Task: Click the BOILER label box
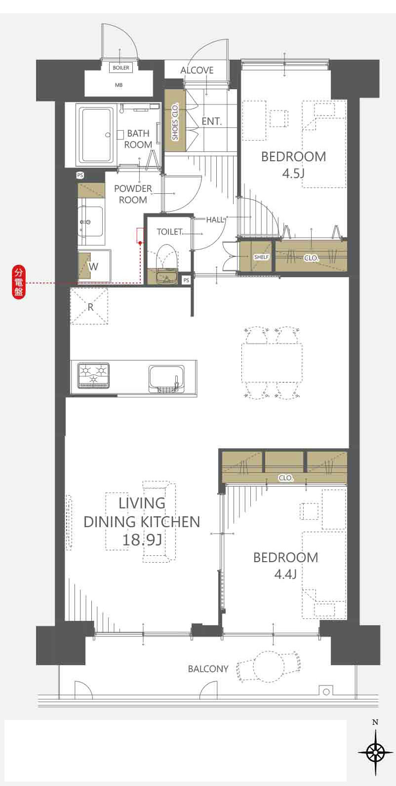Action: click(121, 68)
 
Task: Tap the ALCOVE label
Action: click(197, 70)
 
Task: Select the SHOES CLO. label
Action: click(175, 121)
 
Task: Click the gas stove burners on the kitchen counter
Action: click(93, 375)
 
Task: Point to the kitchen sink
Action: click(166, 379)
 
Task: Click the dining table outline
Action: click(272, 363)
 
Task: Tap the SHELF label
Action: click(261, 257)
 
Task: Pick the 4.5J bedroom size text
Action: click(293, 174)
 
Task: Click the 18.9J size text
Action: click(142, 539)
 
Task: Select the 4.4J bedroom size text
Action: click(285, 574)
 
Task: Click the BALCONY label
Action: click(208, 669)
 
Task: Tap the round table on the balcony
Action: click(269, 666)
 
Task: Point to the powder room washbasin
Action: click(91, 221)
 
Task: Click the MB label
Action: click(119, 85)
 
